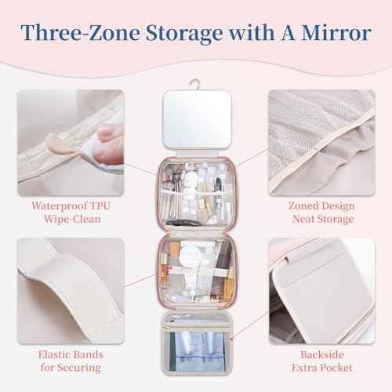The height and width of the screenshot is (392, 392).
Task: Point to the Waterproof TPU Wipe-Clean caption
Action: pos(70,212)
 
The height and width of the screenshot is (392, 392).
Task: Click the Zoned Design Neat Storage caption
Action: pos(321,212)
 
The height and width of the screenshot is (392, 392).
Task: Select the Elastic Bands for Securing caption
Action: pos(70,360)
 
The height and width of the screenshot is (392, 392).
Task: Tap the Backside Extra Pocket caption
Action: pos(321,360)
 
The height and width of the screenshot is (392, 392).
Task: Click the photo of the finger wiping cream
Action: pos(70,139)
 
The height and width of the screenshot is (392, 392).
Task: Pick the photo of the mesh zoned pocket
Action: pos(321,139)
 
